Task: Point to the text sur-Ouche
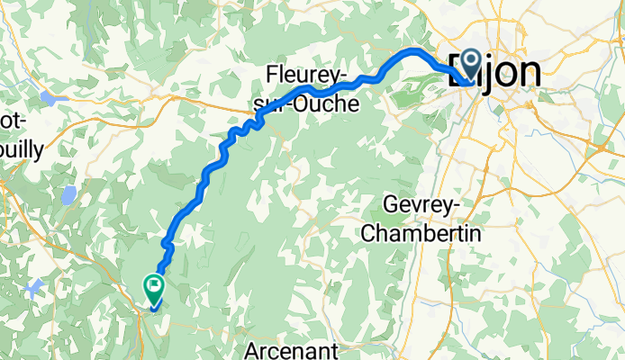pos(305,104)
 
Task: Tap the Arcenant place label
pos(294,348)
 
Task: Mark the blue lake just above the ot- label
pos(48,97)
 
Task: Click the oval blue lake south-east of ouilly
pos(68,195)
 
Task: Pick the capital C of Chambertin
pos(368,232)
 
